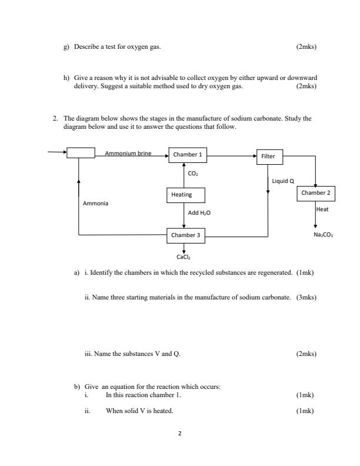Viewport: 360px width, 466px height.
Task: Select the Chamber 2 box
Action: click(316, 193)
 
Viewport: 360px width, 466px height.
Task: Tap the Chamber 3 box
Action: click(187, 235)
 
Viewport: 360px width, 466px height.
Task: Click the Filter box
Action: click(269, 156)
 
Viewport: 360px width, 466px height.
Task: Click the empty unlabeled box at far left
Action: click(81, 153)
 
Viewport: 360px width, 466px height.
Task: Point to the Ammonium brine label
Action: click(128, 154)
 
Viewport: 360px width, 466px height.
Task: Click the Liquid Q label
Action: click(283, 181)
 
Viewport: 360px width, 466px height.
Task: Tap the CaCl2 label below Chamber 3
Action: click(184, 257)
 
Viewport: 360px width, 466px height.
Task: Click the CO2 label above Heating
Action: click(193, 174)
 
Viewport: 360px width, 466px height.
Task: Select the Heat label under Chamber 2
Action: click(322, 209)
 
